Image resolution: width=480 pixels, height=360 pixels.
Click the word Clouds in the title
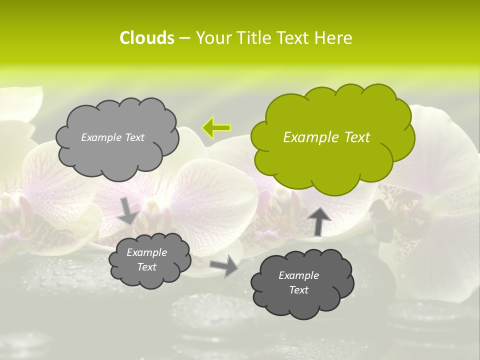point(147,38)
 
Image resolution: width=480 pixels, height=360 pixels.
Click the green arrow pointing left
point(216,127)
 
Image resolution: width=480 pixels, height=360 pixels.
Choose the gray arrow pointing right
point(224,265)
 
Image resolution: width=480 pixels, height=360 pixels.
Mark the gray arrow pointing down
point(128,211)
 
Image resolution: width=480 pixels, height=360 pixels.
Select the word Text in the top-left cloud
point(134,137)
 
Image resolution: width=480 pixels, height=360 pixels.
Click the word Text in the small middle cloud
point(146,267)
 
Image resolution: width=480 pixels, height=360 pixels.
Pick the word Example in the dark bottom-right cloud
point(298,275)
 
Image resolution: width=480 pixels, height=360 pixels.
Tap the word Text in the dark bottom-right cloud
point(298,290)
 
